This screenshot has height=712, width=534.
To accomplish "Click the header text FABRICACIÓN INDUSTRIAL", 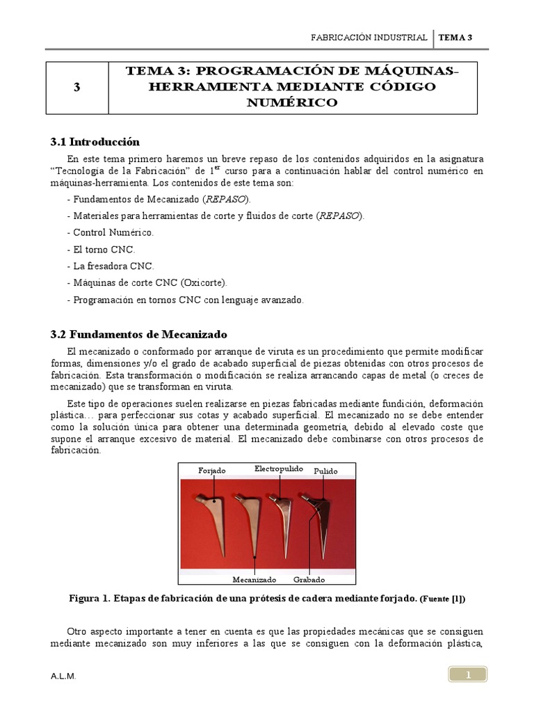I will [x=369, y=38].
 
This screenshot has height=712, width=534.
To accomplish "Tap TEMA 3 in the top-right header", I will [x=455, y=38].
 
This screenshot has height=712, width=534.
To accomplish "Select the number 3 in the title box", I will [x=76, y=88].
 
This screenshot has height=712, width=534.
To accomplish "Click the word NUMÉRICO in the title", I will [x=293, y=102].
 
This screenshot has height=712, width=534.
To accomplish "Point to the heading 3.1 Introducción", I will [x=95, y=142].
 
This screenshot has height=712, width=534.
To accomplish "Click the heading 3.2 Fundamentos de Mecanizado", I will [x=138, y=334].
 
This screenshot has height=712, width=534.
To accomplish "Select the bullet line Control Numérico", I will [x=111, y=232].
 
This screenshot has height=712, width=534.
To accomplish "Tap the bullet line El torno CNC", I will [x=101, y=249].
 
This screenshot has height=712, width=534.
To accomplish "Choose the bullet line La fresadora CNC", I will [x=111, y=266].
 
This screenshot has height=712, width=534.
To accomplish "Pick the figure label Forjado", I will [x=212, y=471].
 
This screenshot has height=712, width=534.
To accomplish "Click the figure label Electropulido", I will [x=279, y=469].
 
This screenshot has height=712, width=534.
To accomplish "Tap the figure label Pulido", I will [x=325, y=471].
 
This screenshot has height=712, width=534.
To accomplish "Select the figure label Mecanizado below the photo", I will [x=254, y=579].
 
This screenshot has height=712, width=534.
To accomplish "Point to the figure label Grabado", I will [x=309, y=579].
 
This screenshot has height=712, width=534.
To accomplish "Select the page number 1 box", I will [x=468, y=674].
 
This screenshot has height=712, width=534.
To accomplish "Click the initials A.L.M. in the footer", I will [x=63, y=676].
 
